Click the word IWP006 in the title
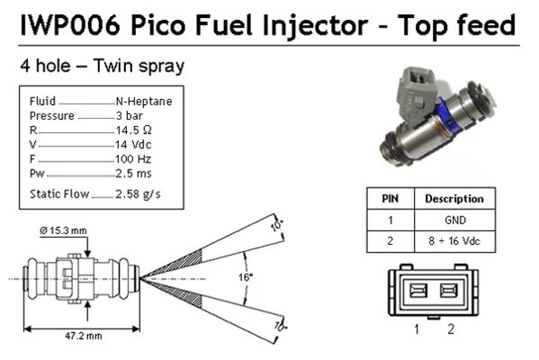point(68,22)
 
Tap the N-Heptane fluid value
point(144,102)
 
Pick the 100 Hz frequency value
point(134,159)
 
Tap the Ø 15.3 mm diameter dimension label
point(64,231)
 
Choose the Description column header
point(454,199)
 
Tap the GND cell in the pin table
point(454,220)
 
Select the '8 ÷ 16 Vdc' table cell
point(454,241)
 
